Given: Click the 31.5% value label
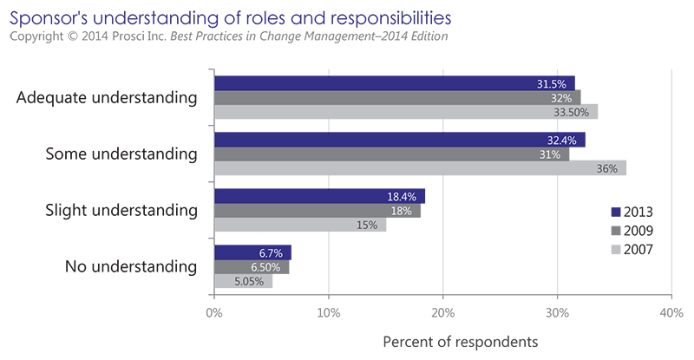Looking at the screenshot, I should [x=552, y=84].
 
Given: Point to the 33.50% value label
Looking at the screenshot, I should [x=572, y=113].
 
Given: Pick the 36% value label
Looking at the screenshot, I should [x=606, y=169].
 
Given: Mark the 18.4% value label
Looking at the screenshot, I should [x=403, y=197].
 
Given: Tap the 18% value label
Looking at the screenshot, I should [x=400, y=211].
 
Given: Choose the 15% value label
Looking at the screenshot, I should [x=365, y=226].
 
